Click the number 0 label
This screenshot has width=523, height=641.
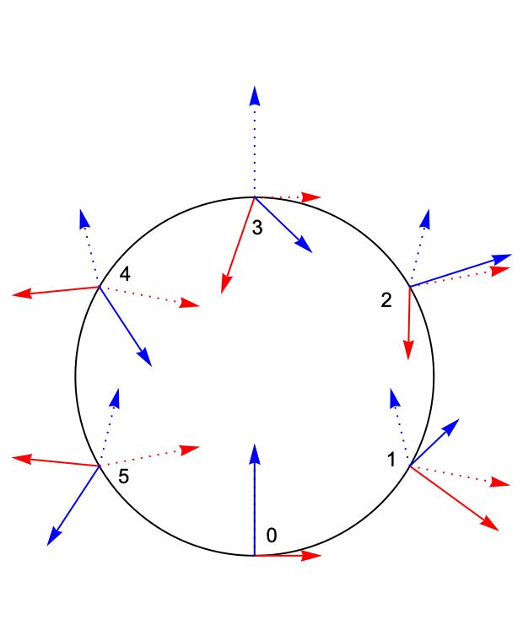pyautogui.click(x=272, y=535)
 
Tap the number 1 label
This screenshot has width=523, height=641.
pyautogui.click(x=391, y=460)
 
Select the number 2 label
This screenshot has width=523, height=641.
pyautogui.click(x=386, y=299)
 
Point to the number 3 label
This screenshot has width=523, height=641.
pyautogui.click(x=257, y=227)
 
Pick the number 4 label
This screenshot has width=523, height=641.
pyautogui.click(x=125, y=273)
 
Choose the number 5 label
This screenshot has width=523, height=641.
pyautogui.click(x=124, y=477)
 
